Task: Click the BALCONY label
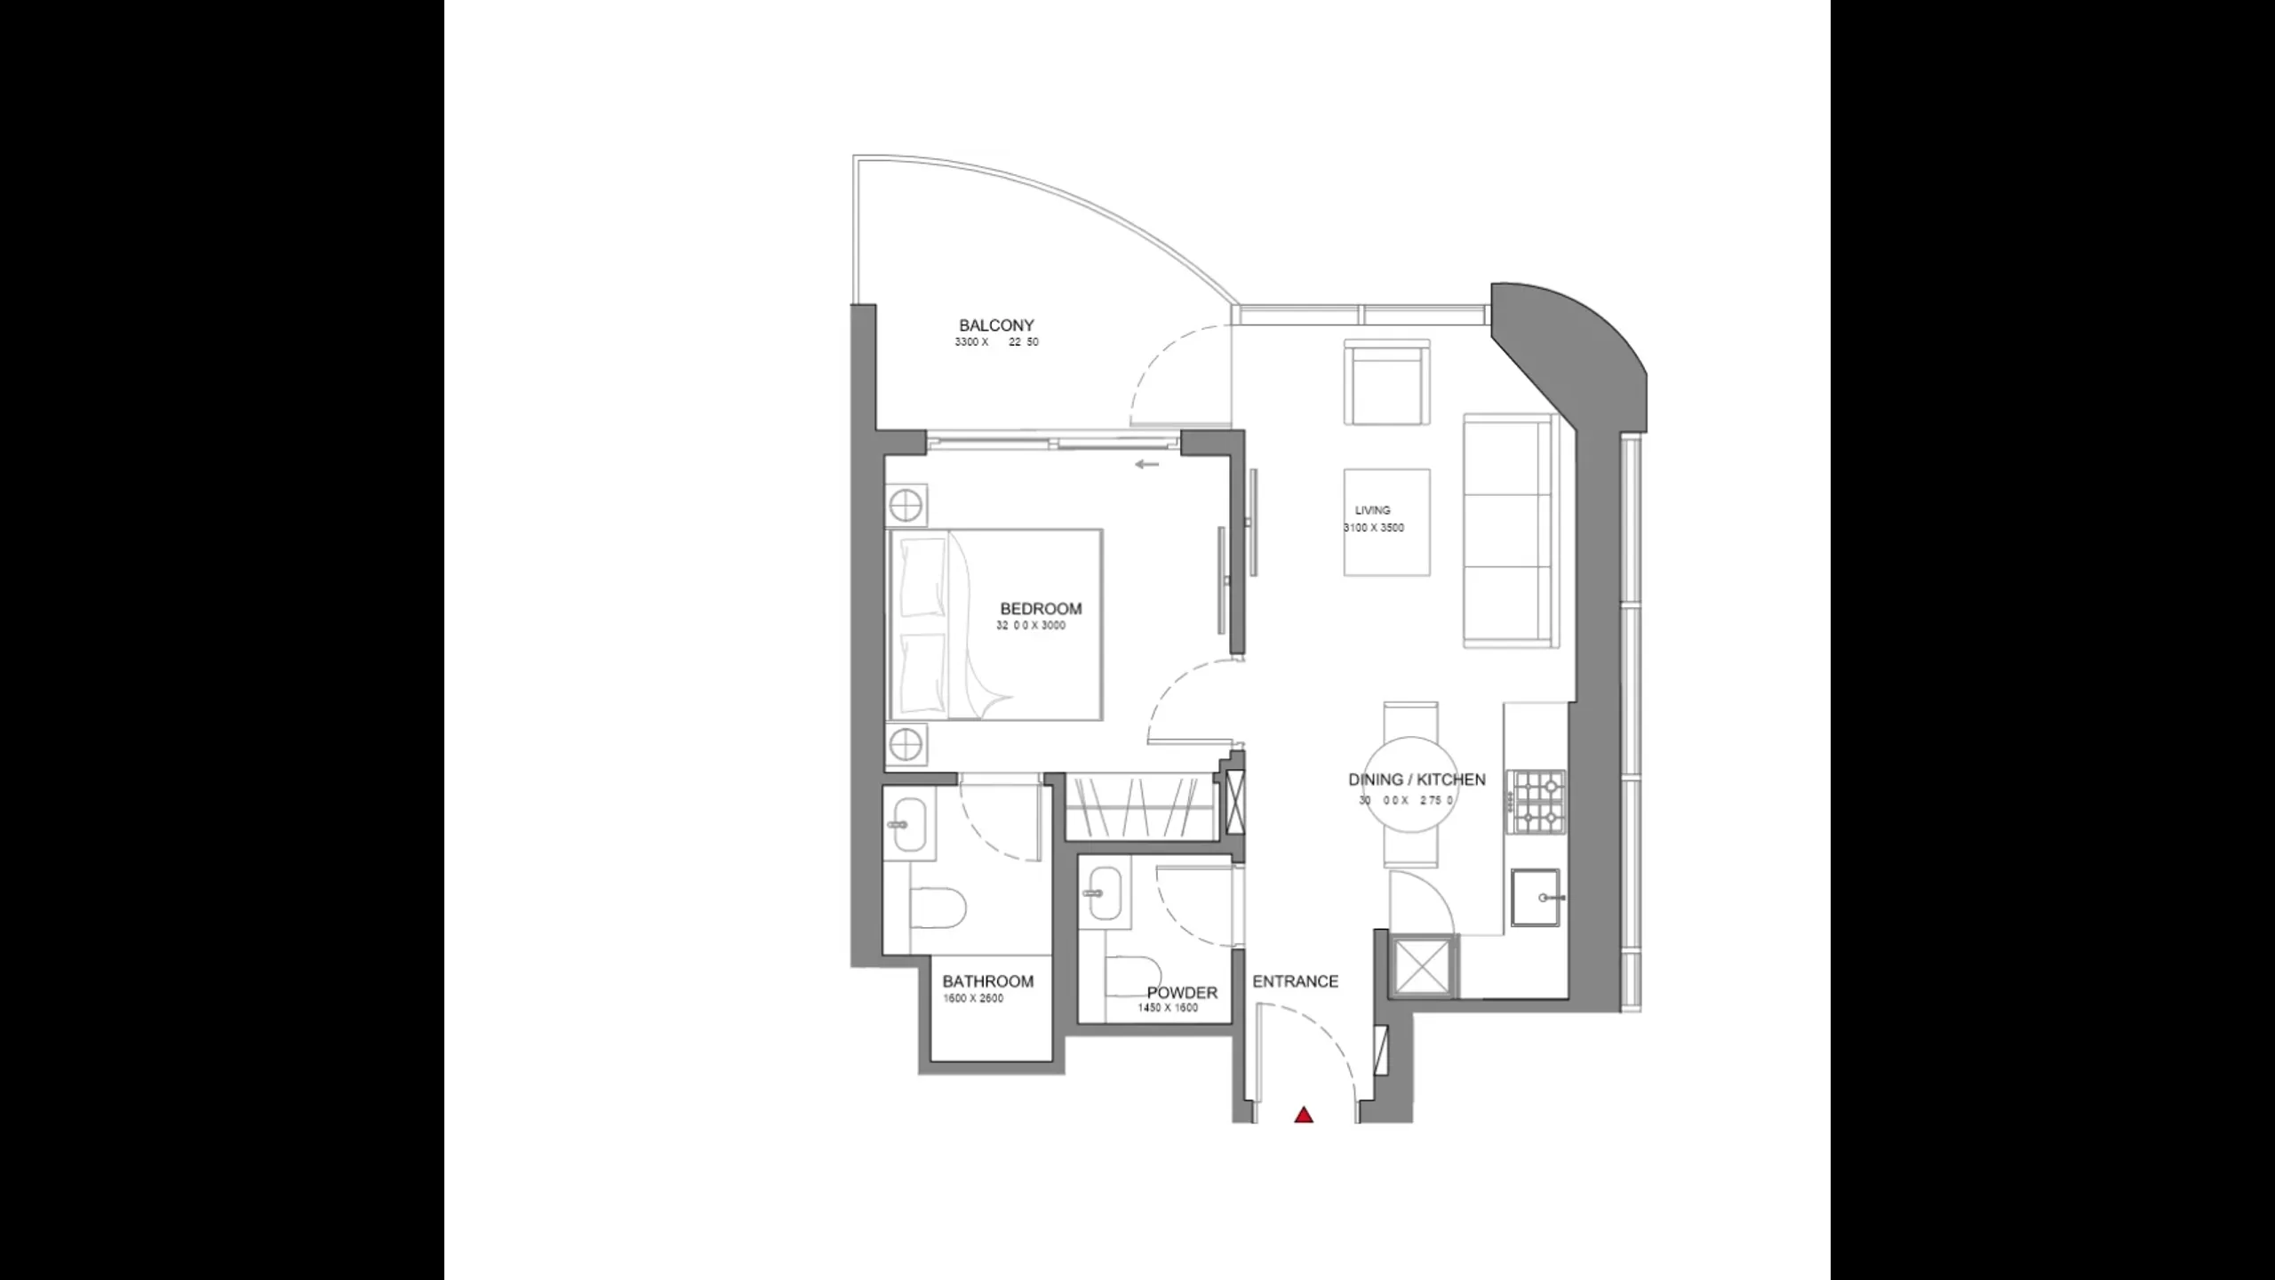coord(996,325)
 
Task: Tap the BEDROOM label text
coord(1041,609)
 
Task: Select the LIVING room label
coord(1372,510)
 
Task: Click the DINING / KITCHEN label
coord(1417,780)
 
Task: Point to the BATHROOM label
coord(987,981)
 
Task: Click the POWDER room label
coord(1182,993)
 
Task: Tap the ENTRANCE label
coord(1295,981)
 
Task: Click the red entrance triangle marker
coord(1304,1115)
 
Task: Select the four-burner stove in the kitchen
coord(1539,802)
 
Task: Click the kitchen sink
coord(1536,898)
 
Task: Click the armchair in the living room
coord(1386,382)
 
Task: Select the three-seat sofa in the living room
coord(1509,530)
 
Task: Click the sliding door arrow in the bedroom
coord(1147,464)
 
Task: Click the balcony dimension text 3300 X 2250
coord(996,342)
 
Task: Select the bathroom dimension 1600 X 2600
coord(973,998)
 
